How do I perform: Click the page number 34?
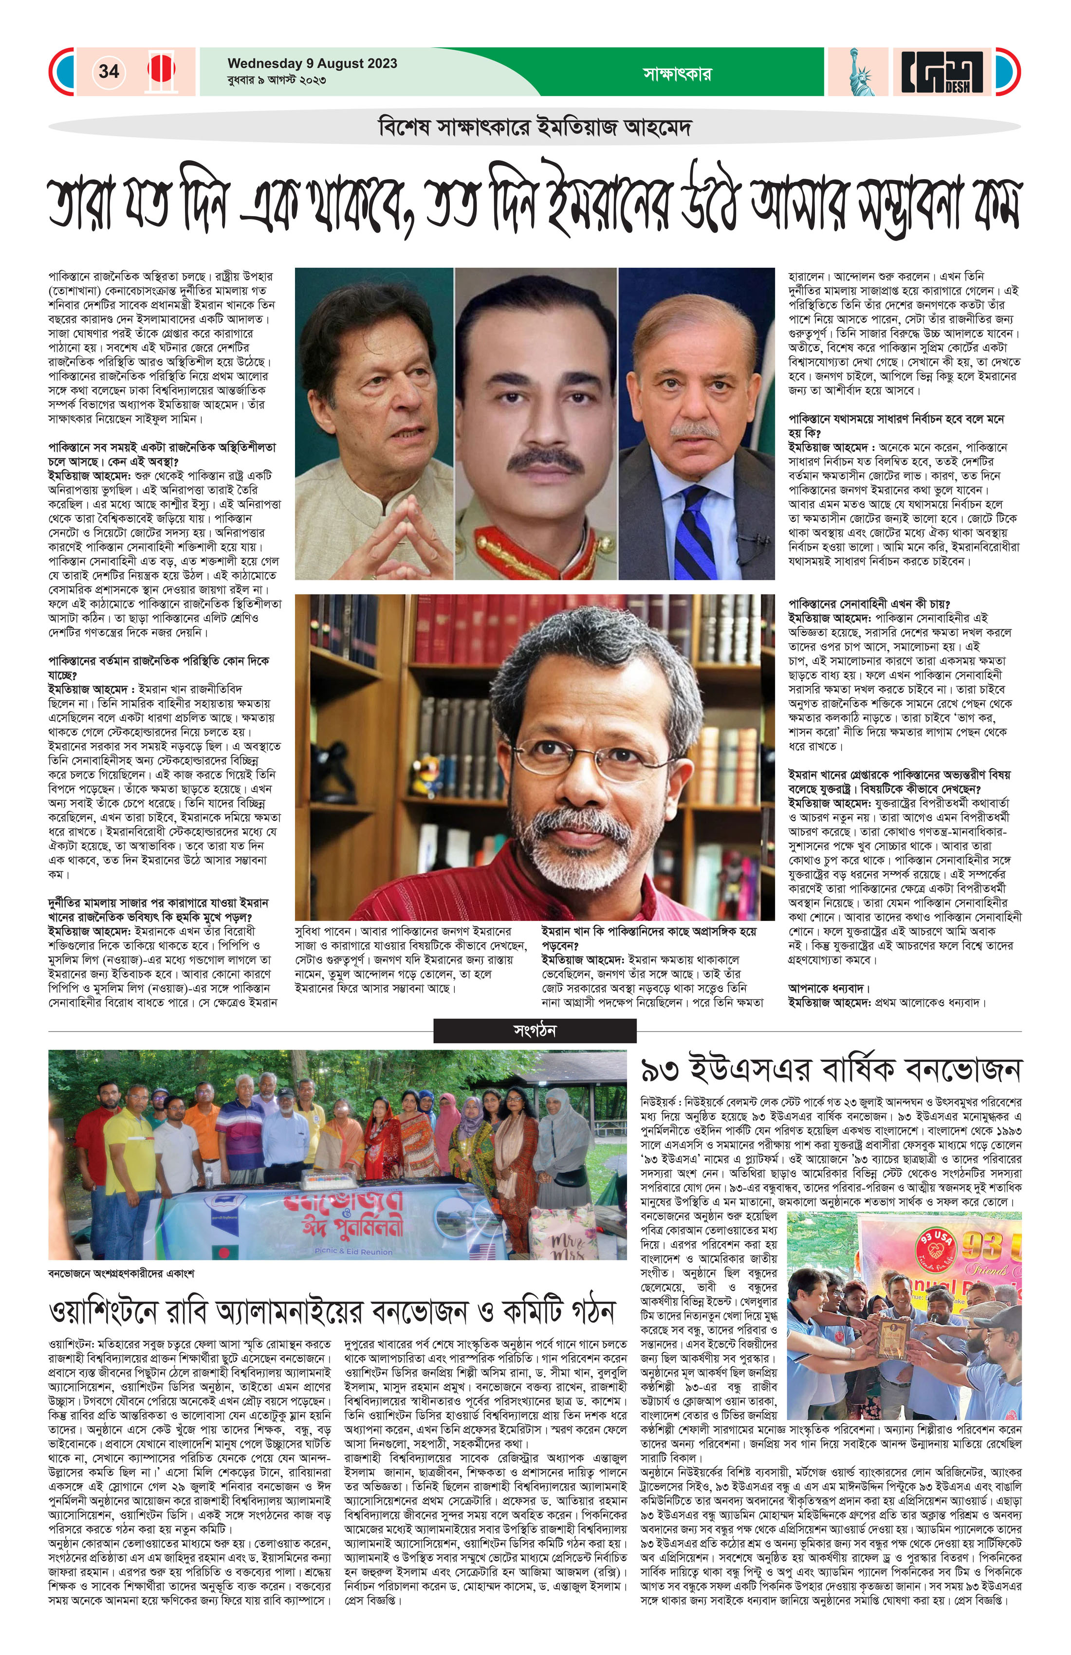point(109,71)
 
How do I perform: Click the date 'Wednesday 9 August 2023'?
point(312,63)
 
